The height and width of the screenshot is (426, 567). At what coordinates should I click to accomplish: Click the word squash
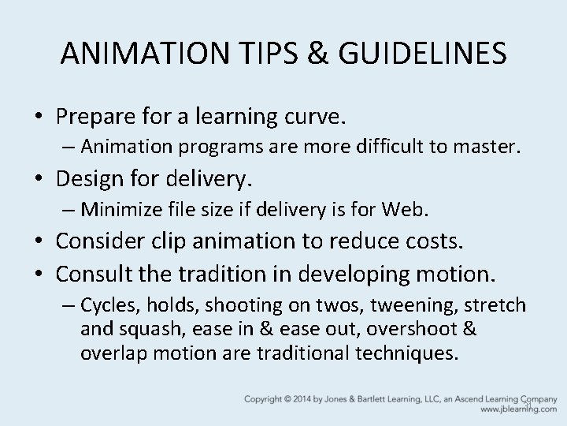[x=146, y=328]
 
